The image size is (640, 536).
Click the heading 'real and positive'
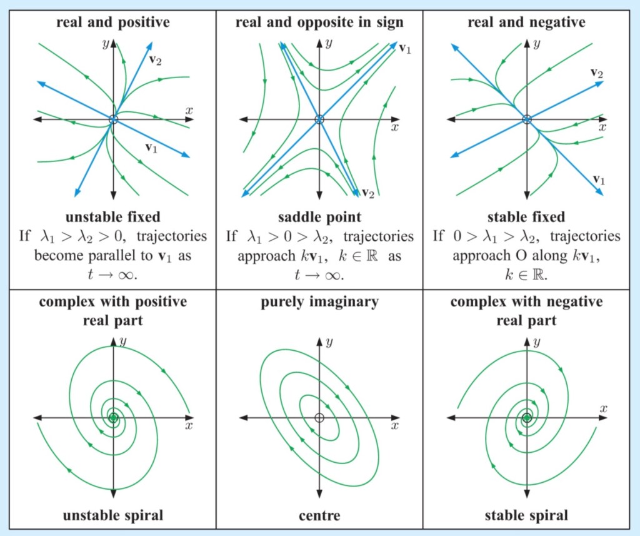[x=113, y=23]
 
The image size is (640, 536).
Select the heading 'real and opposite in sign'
[x=319, y=23]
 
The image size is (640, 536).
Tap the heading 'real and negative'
[x=526, y=23]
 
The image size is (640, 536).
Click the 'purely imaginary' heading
[x=319, y=303]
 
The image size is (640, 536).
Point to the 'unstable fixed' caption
[x=113, y=218]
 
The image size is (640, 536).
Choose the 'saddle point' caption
[x=319, y=218]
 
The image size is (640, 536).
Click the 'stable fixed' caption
[x=526, y=218]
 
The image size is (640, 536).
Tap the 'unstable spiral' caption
[x=113, y=516]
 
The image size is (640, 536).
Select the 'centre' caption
[x=319, y=516]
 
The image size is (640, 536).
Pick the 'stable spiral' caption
[x=526, y=516]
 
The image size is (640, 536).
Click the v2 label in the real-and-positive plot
[x=156, y=60]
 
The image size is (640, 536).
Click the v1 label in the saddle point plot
[x=404, y=49]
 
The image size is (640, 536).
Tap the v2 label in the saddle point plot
[x=368, y=193]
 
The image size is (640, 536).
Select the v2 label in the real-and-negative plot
[x=597, y=74]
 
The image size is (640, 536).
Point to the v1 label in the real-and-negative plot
[x=599, y=180]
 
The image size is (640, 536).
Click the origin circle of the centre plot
[x=319, y=418]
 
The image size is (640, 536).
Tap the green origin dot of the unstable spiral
[x=113, y=418]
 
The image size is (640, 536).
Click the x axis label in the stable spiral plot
[x=603, y=409]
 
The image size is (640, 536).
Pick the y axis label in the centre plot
[x=329, y=342]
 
